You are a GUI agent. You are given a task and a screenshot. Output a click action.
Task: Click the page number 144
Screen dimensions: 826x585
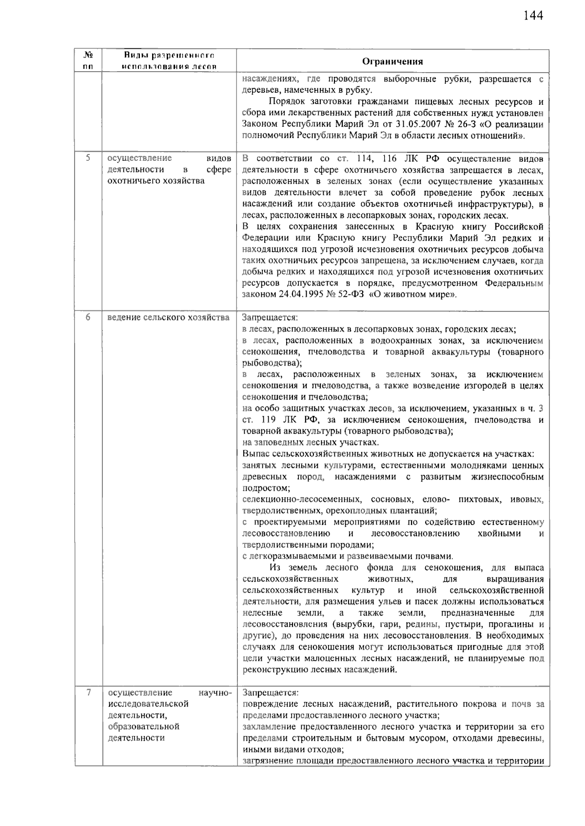533,16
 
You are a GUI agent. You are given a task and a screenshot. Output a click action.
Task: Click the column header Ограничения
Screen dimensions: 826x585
392,61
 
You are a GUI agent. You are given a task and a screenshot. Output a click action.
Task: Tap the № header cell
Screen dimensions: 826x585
88,56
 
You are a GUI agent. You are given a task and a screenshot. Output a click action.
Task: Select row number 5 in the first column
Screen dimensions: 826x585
88,158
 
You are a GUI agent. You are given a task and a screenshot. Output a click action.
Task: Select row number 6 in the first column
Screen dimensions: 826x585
88,317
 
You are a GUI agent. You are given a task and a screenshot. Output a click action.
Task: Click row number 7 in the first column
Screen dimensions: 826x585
88,692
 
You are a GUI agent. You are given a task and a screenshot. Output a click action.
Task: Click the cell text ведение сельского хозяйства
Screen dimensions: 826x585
168,318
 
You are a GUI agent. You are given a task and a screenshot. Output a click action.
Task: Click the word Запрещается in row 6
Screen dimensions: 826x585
270,318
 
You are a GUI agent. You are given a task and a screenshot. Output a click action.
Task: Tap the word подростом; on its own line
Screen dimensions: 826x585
266,488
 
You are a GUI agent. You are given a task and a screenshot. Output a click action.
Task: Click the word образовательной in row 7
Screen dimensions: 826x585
144,726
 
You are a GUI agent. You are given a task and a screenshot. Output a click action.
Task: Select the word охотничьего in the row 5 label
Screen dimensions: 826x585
133,181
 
